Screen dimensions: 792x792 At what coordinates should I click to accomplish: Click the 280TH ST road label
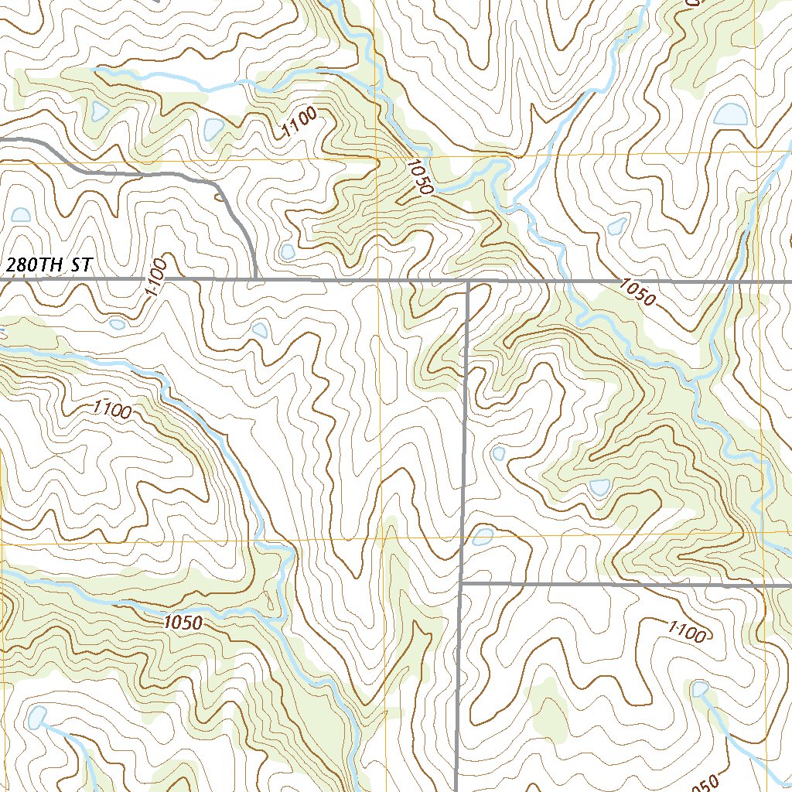(x=49, y=265)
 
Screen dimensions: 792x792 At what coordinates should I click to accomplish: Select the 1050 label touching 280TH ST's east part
(x=637, y=292)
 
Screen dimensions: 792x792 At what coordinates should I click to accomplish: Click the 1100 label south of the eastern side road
(x=686, y=633)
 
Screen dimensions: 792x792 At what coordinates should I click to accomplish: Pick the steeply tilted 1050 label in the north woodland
(x=421, y=177)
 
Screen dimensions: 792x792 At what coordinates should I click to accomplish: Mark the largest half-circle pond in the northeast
(x=731, y=114)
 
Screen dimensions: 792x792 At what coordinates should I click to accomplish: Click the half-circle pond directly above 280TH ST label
(x=20, y=214)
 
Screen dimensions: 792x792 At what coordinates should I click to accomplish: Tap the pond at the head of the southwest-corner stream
(x=36, y=718)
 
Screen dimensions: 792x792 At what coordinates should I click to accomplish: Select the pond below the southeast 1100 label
(x=699, y=688)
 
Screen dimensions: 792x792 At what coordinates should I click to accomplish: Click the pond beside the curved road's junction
(x=288, y=251)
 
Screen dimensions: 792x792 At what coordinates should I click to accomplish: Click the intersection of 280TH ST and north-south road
(x=469, y=281)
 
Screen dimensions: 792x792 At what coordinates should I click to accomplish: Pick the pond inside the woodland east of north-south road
(x=599, y=486)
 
